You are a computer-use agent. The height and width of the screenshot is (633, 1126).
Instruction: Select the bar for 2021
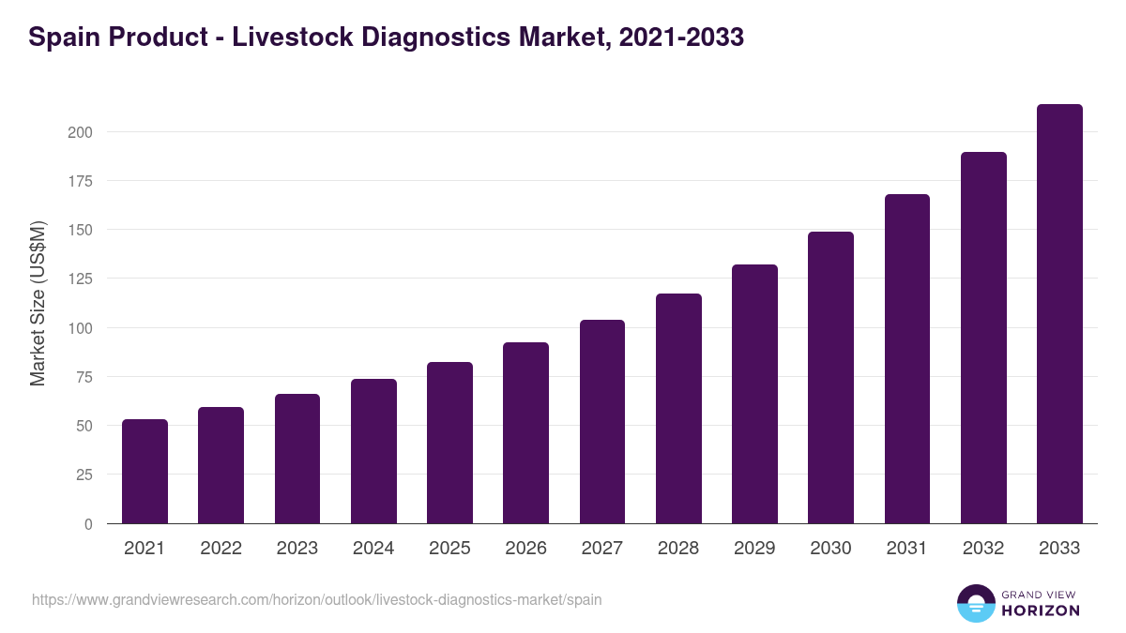pyautogui.click(x=145, y=472)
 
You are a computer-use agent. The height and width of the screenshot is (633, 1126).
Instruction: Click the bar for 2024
pyautogui.click(x=373, y=451)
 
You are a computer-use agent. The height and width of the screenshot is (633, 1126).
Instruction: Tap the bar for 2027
pyautogui.click(x=602, y=422)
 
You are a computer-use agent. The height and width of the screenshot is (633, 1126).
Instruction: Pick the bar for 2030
pyautogui.click(x=830, y=378)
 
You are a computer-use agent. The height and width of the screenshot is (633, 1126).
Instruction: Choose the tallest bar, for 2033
pyautogui.click(x=1059, y=314)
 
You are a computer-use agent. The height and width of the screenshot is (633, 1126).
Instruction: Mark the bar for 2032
pyautogui.click(x=983, y=338)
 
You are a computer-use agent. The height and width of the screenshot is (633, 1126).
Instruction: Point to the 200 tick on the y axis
pyautogui.click(x=80, y=132)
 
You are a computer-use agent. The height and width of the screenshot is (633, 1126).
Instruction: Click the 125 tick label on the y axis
pyautogui.click(x=80, y=279)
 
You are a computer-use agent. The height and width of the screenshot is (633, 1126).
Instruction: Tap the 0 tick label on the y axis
pyautogui.click(x=87, y=524)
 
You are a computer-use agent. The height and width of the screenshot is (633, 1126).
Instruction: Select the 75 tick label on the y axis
pyautogui.click(x=84, y=377)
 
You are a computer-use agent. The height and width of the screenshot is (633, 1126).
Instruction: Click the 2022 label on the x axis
pyautogui.click(x=221, y=549)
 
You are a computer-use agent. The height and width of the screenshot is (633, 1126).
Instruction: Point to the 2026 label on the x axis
pyautogui.click(x=525, y=549)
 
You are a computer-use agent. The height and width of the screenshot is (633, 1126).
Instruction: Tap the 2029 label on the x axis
pyautogui.click(x=754, y=549)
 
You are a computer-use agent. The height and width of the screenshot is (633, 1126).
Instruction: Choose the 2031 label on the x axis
pyautogui.click(x=907, y=549)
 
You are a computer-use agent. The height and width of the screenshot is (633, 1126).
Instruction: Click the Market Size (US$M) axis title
pyautogui.click(x=38, y=303)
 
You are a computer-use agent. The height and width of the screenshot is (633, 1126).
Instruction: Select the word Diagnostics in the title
pyautogui.click(x=457, y=38)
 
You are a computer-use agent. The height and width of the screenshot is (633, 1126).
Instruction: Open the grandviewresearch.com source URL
pyautogui.click(x=317, y=599)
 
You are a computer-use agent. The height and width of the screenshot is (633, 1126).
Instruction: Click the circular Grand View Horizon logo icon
pyautogui.click(x=976, y=603)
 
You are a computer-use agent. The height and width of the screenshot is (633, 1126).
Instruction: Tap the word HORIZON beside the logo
pyautogui.click(x=1042, y=610)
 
